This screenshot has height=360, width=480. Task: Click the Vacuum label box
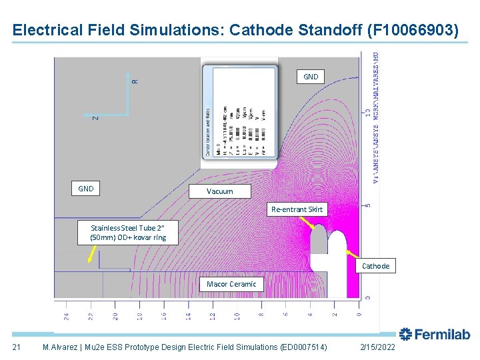[x=220, y=191]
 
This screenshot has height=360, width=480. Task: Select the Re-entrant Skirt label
[x=297, y=209]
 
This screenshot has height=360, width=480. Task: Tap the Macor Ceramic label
[x=231, y=284]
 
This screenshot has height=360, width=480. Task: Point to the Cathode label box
[x=375, y=266]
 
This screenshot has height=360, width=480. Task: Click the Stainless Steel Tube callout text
[x=128, y=232]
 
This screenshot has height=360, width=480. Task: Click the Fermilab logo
[x=435, y=335]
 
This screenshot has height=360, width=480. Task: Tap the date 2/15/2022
[x=377, y=347]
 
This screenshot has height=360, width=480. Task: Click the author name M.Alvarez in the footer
[x=61, y=347]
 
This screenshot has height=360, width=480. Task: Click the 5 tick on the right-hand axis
[x=367, y=205]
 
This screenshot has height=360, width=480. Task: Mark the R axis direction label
[x=135, y=81]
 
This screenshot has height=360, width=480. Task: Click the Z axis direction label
[x=95, y=118]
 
